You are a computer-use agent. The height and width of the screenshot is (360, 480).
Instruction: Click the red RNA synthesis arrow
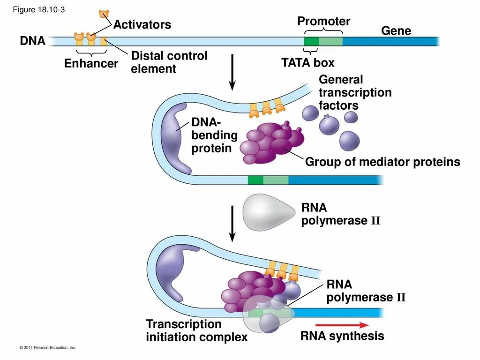point(342,325)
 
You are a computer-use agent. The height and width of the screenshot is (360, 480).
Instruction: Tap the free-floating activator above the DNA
point(104,14)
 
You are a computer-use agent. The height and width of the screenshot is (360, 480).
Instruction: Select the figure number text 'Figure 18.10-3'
point(38,10)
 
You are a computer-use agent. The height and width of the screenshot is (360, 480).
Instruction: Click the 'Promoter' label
point(323,21)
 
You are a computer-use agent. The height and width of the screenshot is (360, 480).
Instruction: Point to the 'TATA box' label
point(307,62)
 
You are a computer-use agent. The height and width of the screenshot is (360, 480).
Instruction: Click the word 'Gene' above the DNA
point(396,30)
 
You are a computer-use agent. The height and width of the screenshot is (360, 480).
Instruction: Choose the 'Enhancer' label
point(91,63)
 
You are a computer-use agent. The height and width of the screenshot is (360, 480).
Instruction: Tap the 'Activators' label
point(142,24)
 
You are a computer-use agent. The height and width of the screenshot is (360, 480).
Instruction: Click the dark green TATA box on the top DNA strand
point(311,41)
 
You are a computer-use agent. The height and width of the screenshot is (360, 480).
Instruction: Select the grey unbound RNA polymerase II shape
point(269,212)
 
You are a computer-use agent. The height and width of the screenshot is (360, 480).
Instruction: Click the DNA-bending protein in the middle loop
point(175,138)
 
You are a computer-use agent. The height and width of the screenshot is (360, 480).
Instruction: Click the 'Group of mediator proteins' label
point(382,162)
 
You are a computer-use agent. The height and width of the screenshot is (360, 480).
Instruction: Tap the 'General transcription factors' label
point(355,92)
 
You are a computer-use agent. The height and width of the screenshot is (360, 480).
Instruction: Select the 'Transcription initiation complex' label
point(196,330)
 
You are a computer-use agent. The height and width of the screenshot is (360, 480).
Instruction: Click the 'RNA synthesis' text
point(342,336)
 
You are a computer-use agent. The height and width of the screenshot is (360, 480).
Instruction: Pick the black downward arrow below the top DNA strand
point(232,72)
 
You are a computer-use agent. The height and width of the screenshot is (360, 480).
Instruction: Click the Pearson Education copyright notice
point(47,347)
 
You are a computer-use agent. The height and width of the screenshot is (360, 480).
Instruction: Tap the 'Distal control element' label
point(169,62)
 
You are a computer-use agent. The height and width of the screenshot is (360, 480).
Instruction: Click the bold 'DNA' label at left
point(32,41)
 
